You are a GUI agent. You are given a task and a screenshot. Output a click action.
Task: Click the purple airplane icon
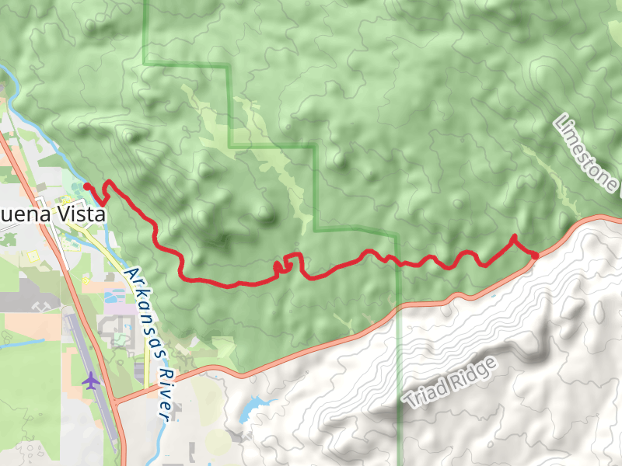click(x=91, y=381)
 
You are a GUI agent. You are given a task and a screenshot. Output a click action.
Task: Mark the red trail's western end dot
click(x=87, y=186)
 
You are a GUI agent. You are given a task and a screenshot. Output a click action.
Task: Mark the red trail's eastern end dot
click(x=535, y=256)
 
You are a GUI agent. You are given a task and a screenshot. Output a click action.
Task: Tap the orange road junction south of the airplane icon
click(x=115, y=401)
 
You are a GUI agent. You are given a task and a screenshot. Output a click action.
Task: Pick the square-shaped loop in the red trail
click(x=292, y=262)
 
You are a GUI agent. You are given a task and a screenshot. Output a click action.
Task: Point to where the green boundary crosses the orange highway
click(x=397, y=306)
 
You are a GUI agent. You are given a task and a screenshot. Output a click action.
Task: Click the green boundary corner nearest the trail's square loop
click(x=316, y=230)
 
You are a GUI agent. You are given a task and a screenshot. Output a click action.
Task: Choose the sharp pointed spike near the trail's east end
click(x=514, y=237)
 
